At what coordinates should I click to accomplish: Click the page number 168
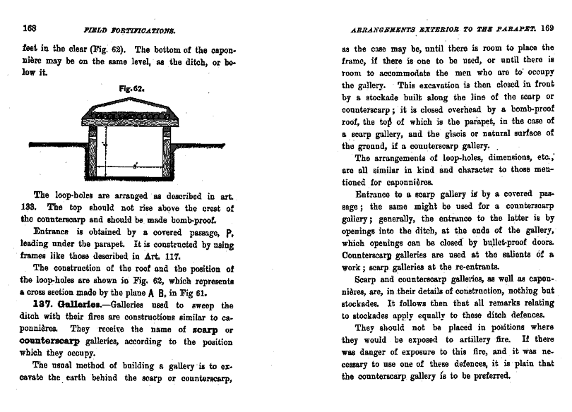30,29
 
